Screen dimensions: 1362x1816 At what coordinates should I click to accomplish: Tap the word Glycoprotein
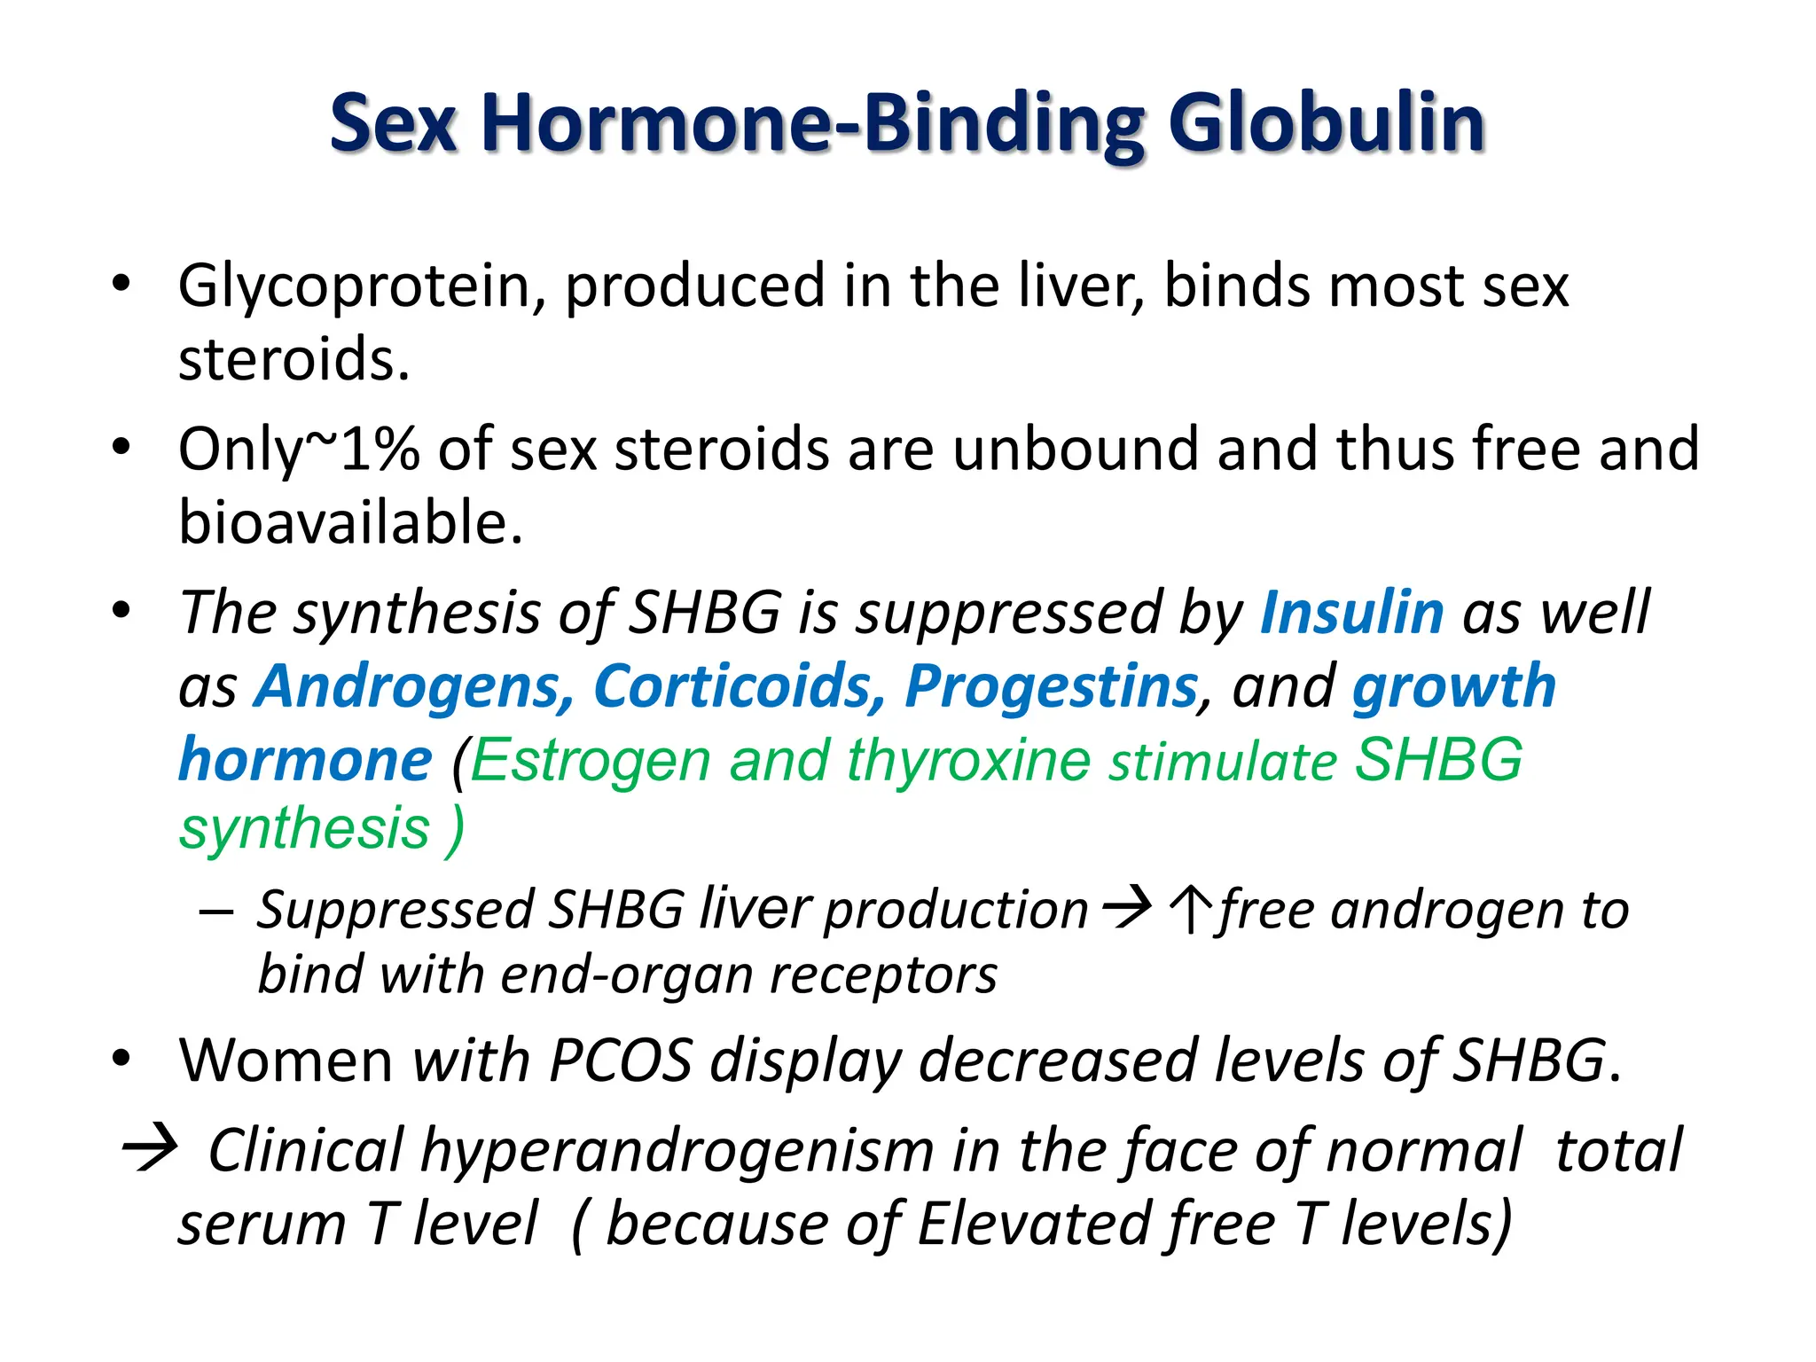(x=361, y=287)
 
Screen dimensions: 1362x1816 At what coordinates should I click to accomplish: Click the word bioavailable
(x=350, y=522)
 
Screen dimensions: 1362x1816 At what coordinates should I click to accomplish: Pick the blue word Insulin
(x=1351, y=613)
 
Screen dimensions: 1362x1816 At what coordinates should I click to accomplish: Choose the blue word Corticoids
(x=739, y=686)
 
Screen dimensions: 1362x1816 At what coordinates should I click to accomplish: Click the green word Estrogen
(x=591, y=760)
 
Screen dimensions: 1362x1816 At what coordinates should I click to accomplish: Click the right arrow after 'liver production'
(x=1126, y=908)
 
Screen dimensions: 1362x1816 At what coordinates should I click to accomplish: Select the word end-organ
(x=626, y=975)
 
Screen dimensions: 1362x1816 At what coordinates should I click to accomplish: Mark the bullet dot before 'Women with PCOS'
(x=121, y=1059)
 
